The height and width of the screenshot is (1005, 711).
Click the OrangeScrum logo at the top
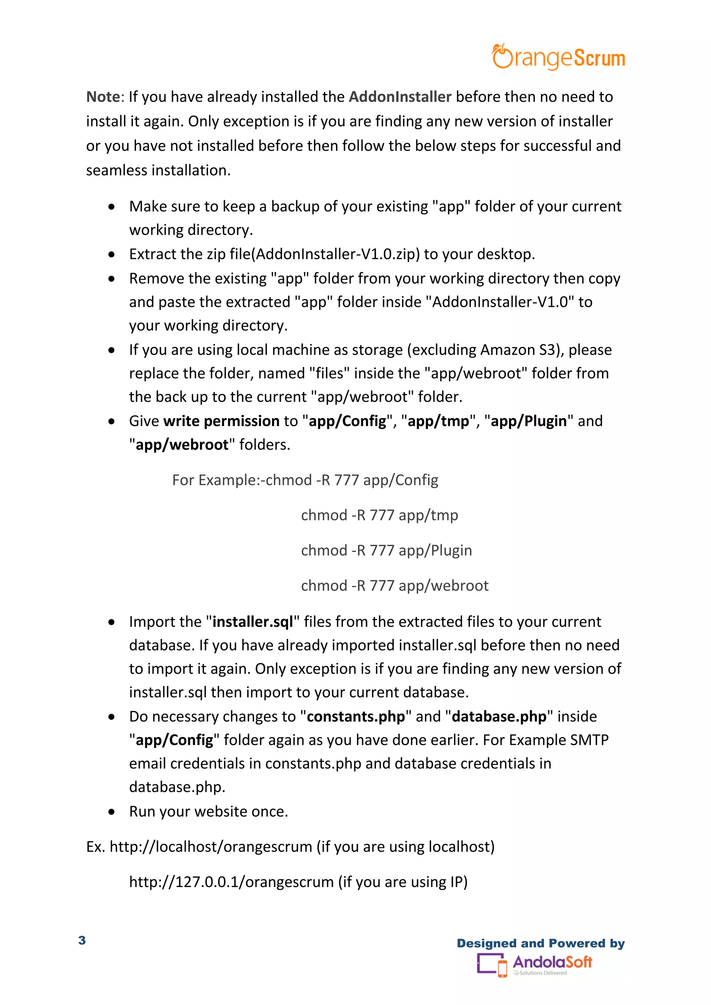coord(558,57)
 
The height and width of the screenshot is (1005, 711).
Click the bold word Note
coord(103,97)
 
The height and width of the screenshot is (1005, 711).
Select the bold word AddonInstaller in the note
coord(400,97)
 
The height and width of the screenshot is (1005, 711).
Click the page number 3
coord(82,940)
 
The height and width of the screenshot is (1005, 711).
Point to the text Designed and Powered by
coord(540,943)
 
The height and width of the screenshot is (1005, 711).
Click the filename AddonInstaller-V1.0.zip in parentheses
coord(337,254)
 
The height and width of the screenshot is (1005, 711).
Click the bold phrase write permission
coord(221,421)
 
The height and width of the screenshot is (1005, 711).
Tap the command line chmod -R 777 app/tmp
coord(379,515)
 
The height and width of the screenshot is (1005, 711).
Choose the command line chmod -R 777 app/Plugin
coord(386,550)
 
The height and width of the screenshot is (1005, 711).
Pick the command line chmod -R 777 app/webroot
coord(394,586)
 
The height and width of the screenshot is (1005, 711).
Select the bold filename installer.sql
coord(253,622)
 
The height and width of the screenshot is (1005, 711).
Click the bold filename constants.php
coord(355,717)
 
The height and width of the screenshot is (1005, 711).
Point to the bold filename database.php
coord(499,717)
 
